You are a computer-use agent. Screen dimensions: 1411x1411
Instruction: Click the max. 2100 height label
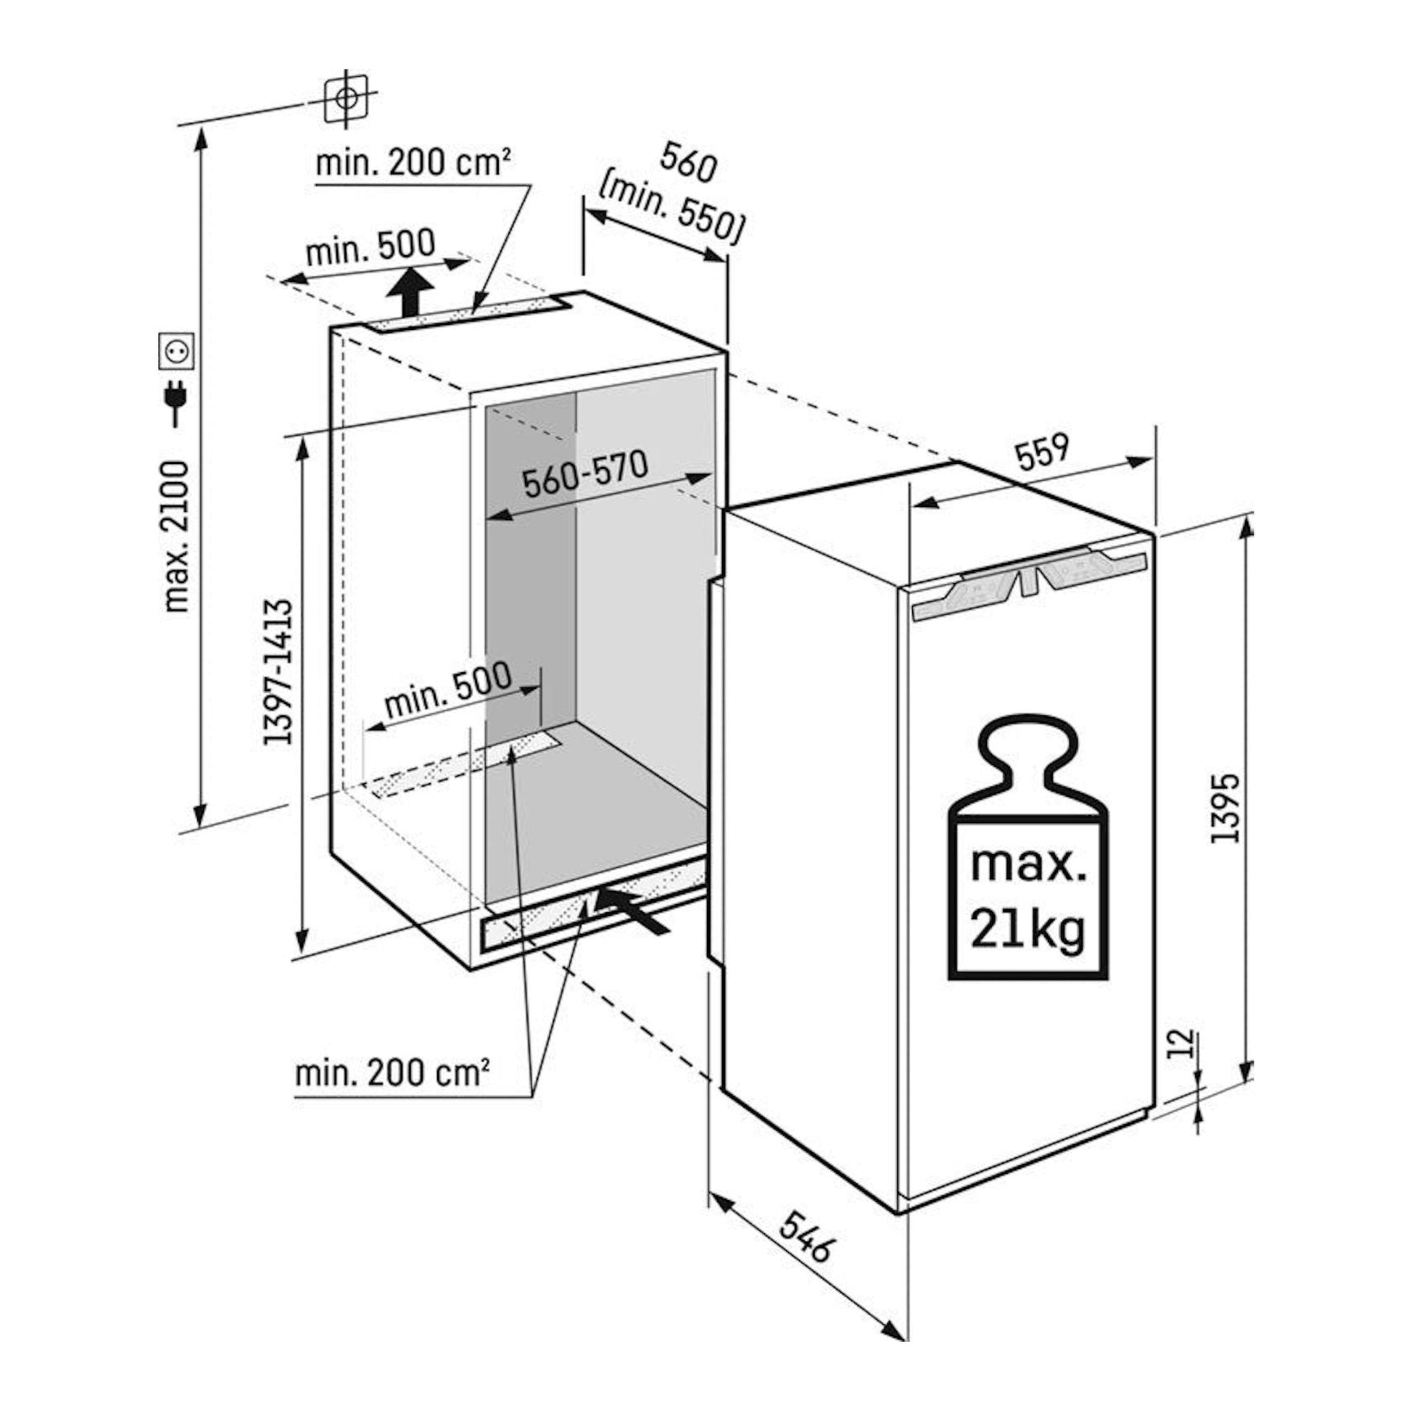(178, 536)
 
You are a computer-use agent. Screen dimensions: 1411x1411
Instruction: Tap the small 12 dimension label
(1184, 1044)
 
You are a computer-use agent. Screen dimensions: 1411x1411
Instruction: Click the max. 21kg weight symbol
(1027, 847)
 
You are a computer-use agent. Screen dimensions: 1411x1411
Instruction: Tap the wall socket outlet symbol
(177, 351)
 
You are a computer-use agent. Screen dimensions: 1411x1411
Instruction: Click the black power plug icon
(177, 402)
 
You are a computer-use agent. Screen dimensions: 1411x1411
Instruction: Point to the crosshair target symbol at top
(346, 98)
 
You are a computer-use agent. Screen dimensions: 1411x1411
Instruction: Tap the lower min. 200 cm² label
(392, 1073)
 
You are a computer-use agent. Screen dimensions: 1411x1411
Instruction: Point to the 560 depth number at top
(687, 163)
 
